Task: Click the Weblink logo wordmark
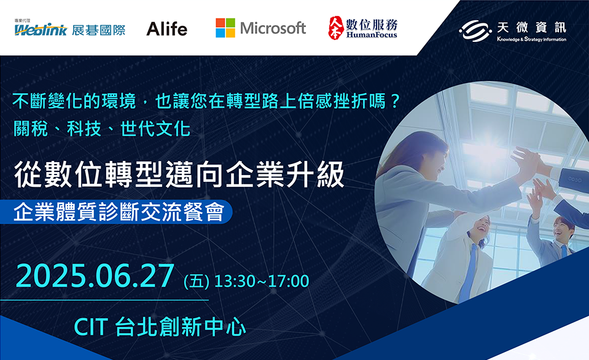click(41, 29)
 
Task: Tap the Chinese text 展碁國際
click(99, 29)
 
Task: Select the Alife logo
click(167, 29)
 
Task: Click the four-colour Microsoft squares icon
click(225, 28)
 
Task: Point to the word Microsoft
click(273, 28)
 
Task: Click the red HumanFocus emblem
click(335, 28)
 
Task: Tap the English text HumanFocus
click(372, 35)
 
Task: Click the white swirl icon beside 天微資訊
click(475, 29)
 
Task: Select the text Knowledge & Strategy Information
click(531, 39)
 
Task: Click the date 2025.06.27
click(95, 276)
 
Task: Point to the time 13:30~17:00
click(262, 281)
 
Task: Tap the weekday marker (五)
click(197, 282)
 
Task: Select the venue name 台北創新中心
click(181, 327)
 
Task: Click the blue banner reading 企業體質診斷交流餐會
click(116, 213)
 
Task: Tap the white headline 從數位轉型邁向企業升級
click(179, 174)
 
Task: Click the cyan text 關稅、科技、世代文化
click(102, 129)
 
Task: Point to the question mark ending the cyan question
click(394, 101)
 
